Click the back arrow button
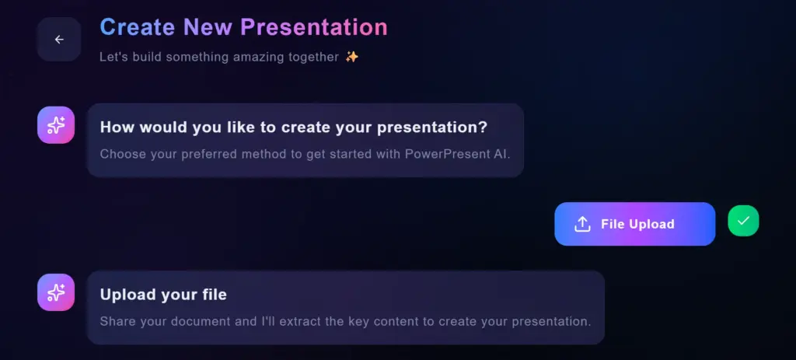[x=59, y=40]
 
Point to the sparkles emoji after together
[x=352, y=57]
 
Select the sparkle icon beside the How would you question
[x=56, y=125]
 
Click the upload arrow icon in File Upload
[x=582, y=224]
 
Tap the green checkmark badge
[x=743, y=222]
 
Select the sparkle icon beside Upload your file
[x=56, y=292]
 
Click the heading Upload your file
[x=163, y=295]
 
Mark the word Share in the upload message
[x=117, y=321]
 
